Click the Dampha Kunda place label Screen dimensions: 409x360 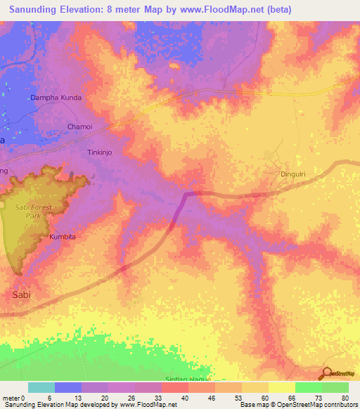pos(56,98)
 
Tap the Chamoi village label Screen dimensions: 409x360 pos(79,126)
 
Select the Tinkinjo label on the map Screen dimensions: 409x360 pos(99,152)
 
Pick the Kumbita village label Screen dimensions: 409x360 pos(62,237)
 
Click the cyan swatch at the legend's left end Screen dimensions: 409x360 pos(41,387)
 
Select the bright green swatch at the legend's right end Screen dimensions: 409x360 pos(335,387)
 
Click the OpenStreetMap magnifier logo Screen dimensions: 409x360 pos(326,373)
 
